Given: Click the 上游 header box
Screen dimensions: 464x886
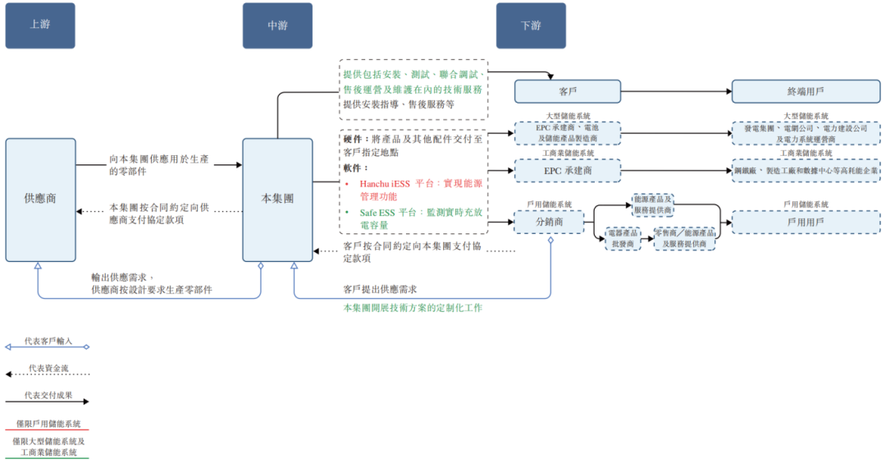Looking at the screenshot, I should (x=40, y=25).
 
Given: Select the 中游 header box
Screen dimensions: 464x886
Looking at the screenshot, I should (x=277, y=25).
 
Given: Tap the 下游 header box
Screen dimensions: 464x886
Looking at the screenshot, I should (x=531, y=25).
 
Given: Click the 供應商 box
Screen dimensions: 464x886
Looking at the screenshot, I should (x=40, y=199).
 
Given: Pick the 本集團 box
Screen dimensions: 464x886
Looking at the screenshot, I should (x=277, y=199).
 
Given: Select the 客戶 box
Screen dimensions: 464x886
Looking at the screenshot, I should (x=567, y=91).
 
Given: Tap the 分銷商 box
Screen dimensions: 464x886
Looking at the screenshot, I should (x=549, y=222).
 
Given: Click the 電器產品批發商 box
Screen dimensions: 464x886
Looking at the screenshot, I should (x=623, y=239).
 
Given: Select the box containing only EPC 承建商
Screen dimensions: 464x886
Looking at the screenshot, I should (x=567, y=170).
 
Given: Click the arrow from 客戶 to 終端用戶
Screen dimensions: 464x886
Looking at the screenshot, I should (x=676, y=91).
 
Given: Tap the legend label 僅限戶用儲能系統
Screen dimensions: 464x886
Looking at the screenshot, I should (x=48, y=424).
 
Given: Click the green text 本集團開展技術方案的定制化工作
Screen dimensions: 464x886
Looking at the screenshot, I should (x=413, y=308).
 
